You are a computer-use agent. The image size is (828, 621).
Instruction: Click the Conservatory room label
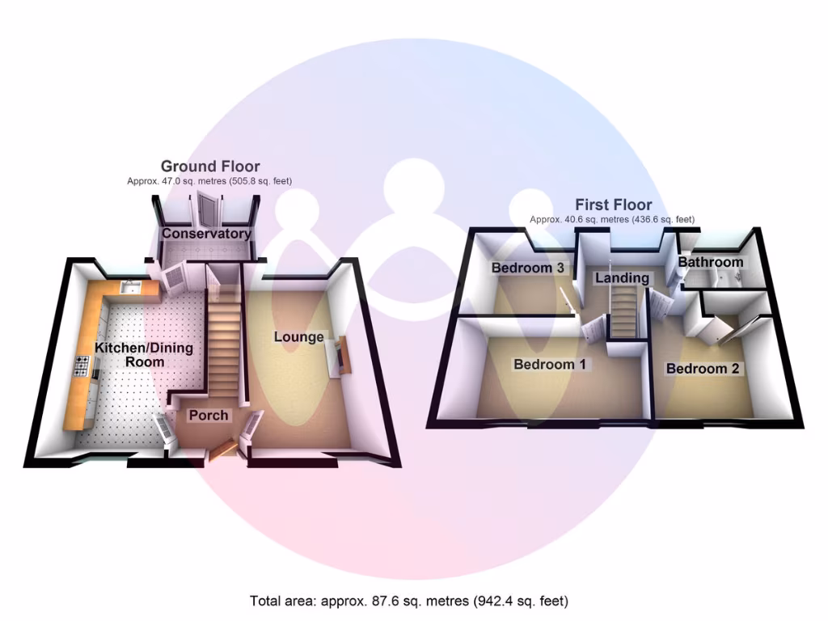pos(206,234)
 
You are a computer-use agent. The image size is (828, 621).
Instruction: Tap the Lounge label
pos(298,337)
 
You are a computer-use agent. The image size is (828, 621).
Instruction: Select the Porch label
pos(209,416)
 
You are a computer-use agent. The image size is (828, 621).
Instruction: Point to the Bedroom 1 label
pos(549,365)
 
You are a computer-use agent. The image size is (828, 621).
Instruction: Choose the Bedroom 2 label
pos(702,369)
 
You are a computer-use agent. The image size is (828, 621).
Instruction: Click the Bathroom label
pos(710,263)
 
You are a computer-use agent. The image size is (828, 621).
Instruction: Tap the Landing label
pos(622,278)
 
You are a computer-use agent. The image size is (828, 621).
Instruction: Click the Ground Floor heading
pos(210,167)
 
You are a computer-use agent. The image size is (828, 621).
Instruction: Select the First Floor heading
pos(613,205)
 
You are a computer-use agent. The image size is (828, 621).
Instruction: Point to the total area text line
pos(409,601)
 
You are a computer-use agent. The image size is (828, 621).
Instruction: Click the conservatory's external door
pos(208,209)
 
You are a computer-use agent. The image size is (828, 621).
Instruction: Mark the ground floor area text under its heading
pos(209,182)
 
